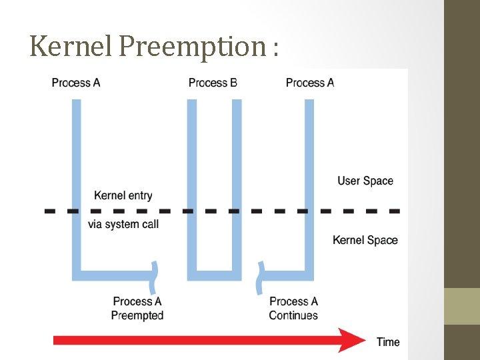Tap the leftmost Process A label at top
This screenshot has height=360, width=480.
[x=76, y=83]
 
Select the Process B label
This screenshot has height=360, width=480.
[x=213, y=83]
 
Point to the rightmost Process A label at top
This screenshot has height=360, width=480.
[x=310, y=83]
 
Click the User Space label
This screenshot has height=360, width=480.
[x=365, y=181]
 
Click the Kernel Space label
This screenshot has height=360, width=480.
[x=365, y=240]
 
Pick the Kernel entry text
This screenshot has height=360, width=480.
[x=123, y=195]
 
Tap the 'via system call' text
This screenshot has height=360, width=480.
[x=123, y=224]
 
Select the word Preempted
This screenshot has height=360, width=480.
[x=137, y=315]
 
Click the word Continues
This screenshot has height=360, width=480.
[x=293, y=315]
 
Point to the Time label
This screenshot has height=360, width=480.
[x=388, y=342]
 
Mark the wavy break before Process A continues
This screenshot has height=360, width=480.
[x=260, y=276]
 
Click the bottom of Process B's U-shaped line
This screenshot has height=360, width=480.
[x=214, y=275]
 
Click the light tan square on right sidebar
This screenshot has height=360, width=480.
[x=462, y=305]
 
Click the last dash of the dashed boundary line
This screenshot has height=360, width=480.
[x=394, y=211]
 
